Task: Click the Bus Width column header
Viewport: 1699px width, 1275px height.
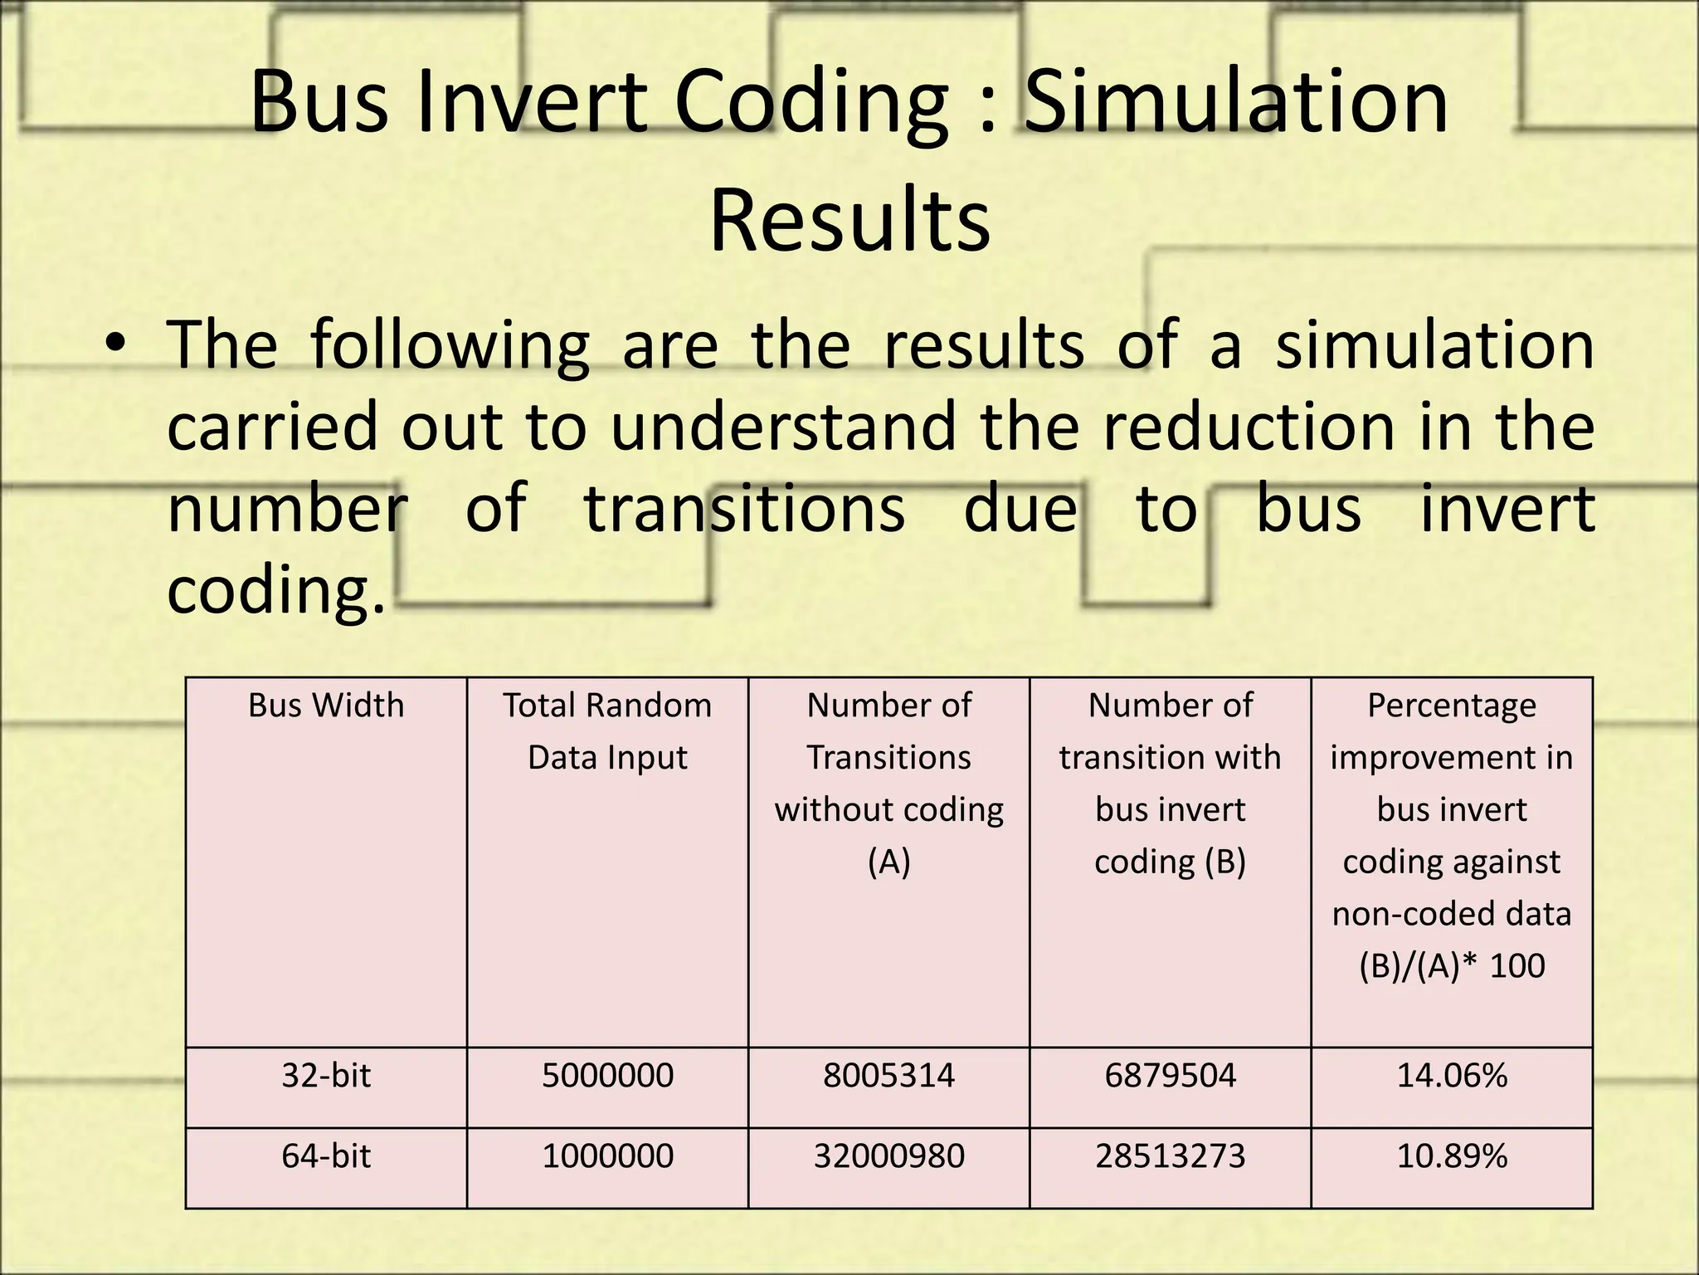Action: point(326,706)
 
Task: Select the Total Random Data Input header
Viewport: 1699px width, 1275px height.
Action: point(607,730)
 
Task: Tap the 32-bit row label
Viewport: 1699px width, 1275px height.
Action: point(326,1076)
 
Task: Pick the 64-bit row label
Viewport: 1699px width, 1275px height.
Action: point(326,1155)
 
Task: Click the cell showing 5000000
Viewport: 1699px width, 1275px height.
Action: point(607,1076)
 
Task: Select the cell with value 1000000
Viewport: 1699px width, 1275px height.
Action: point(607,1155)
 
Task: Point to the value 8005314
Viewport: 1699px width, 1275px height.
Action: point(888,1076)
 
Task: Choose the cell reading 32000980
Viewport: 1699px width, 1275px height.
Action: point(888,1155)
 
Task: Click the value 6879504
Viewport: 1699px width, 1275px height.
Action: point(1170,1076)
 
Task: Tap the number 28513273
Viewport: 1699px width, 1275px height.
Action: point(1170,1155)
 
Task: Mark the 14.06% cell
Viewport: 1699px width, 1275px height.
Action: point(1452,1076)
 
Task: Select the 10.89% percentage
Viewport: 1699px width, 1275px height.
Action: point(1452,1155)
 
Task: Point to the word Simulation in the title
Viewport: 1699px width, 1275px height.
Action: point(1236,102)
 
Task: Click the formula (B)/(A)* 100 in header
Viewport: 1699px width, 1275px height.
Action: point(1452,965)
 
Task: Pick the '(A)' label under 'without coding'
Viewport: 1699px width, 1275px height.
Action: point(888,862)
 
